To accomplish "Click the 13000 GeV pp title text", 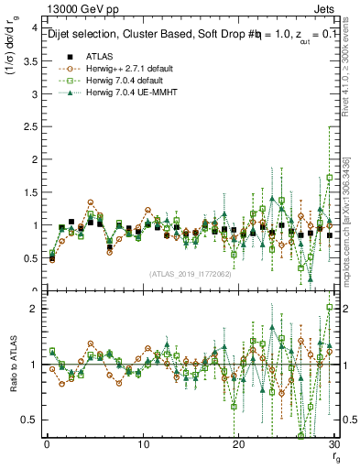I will (80, 11).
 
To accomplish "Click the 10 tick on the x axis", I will (143, 444).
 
